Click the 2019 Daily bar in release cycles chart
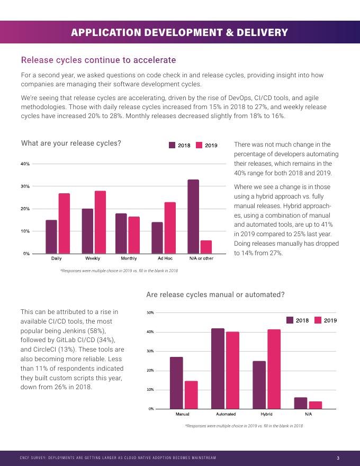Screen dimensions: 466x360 [64, 223]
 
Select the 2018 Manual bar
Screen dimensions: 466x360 [176, 383]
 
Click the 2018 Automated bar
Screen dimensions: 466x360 [218, 369]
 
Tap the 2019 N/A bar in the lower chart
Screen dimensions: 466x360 [316, 405]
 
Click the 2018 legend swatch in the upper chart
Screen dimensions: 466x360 [172, 145]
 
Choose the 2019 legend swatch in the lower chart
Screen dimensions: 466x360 [318, 320]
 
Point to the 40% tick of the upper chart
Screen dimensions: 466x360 [25, 164]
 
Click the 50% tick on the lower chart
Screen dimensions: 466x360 [150, 313]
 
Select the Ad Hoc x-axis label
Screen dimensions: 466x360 [165, 258]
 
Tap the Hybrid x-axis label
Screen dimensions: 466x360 [267, 414]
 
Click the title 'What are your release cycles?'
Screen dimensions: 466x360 [71, 143]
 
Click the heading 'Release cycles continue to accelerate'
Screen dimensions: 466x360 [98, 60]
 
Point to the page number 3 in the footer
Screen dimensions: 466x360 [338, 458]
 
